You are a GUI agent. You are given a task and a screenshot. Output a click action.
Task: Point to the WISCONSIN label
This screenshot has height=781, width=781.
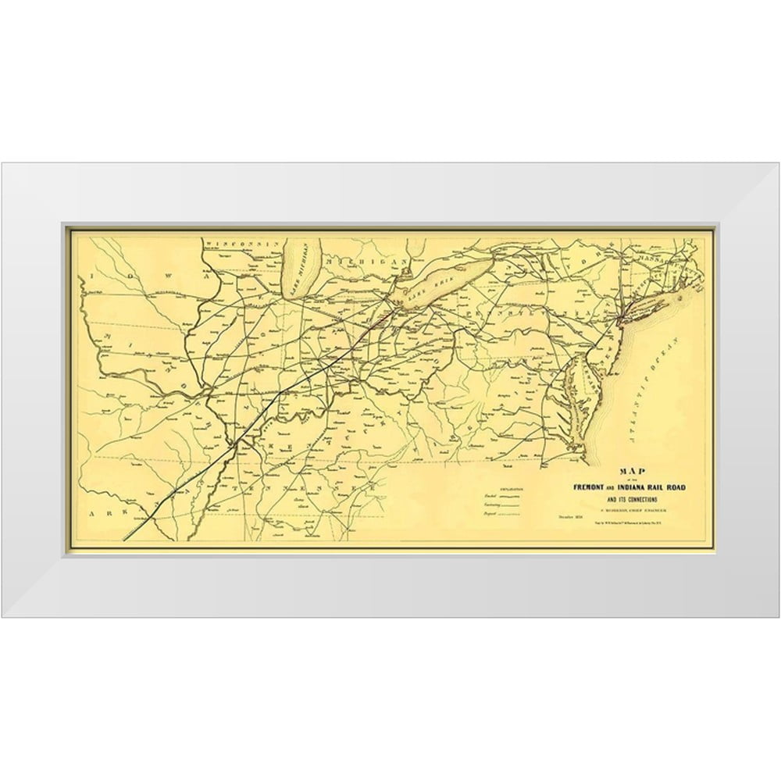pos(241,244)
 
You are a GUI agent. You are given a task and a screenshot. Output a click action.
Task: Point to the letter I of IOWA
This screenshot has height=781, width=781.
pos(91,276)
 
